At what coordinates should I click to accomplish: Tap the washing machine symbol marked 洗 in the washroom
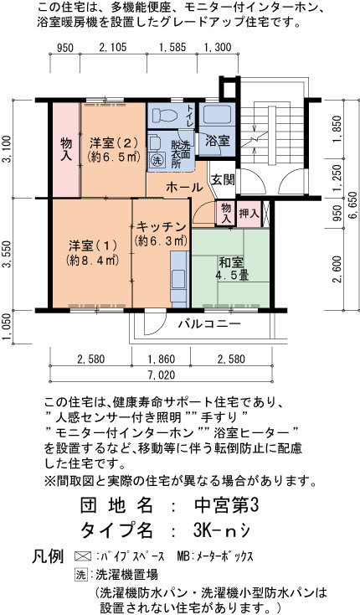coord(157,160)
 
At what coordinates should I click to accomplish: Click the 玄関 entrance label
coord(223,179)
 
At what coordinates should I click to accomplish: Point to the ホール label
coord(184,188)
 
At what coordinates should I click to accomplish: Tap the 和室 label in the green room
coord(231,261)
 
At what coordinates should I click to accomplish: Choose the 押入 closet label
coord(249,214)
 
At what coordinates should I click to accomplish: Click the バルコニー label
coord(209,324)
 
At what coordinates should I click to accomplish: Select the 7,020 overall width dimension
coord(161,375)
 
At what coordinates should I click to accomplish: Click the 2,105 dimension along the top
coord(113,48)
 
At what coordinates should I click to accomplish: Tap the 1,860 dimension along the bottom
coord(161,359)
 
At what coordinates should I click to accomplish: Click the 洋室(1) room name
coord(93,246)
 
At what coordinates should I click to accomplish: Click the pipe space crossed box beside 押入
coord(266,214)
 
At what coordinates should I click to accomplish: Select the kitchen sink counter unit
coord(178,279)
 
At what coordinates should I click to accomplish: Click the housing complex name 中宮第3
coord(227,505)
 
